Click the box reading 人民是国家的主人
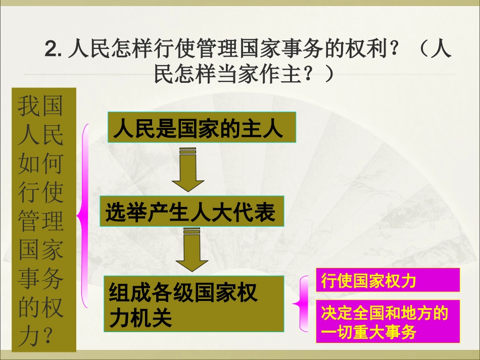point(202,128)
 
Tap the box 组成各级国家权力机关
point(194,303)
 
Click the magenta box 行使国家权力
point(388,280)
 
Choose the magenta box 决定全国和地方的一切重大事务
point(388,322)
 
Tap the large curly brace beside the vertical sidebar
point(83,217)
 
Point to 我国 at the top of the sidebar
point(40,107)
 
